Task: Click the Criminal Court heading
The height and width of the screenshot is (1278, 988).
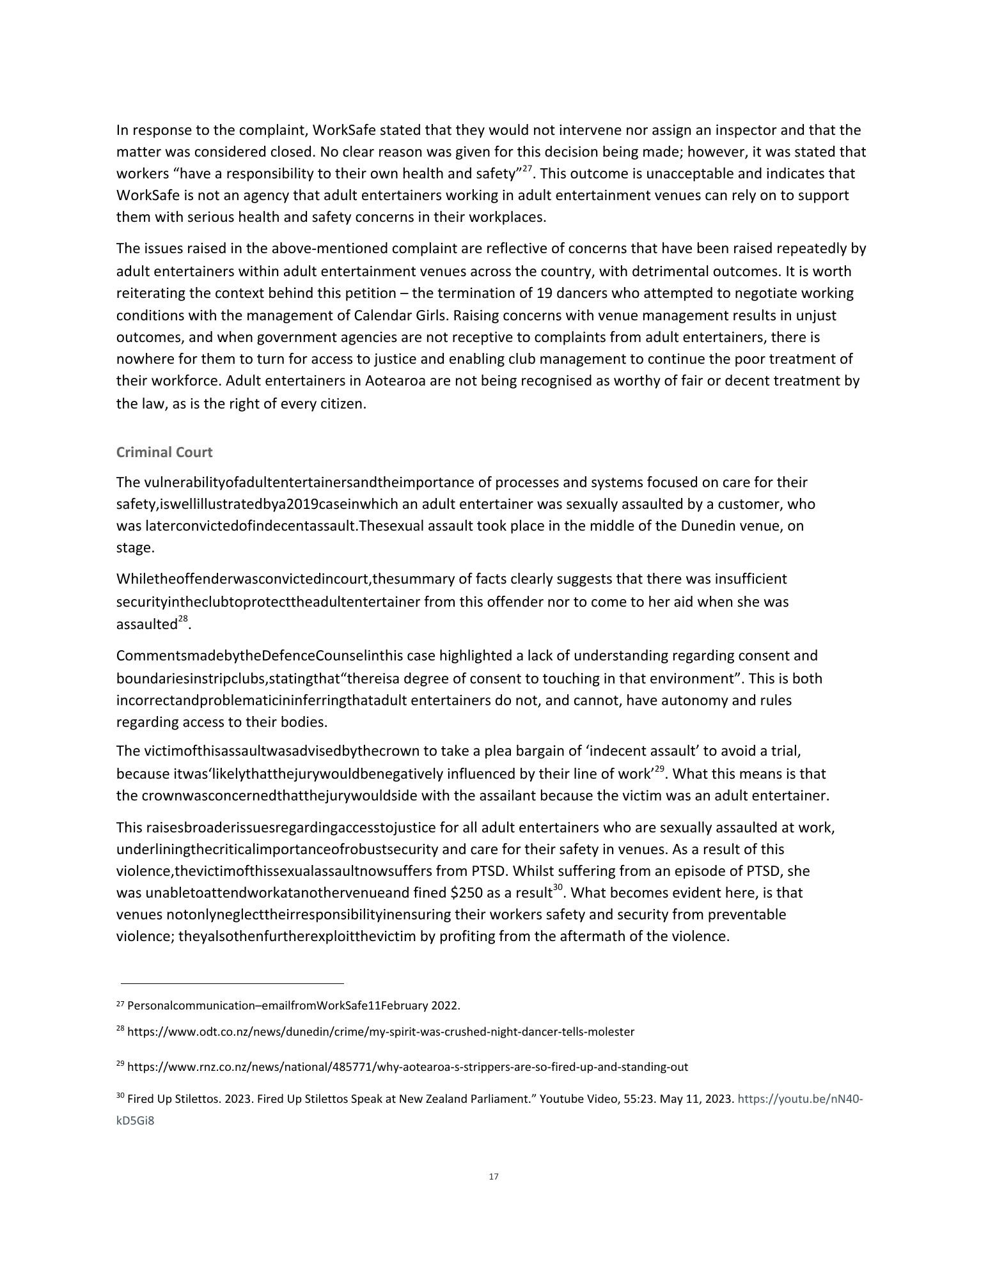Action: pyautogui.click(x=164, y=452)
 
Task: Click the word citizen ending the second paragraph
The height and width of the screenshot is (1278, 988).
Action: pyautogui.click(x=341, y=404)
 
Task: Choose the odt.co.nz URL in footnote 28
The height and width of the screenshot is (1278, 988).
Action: pyautogui.click(x=381, y=1031)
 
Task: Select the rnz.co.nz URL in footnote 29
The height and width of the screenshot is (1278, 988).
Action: pyautogui.click(x=408, y=1066)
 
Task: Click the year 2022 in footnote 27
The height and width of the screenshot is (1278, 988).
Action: pyautogui.click(x=445, y=1006)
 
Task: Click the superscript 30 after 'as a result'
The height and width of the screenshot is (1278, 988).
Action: pyautogui.click(x=558, y=888)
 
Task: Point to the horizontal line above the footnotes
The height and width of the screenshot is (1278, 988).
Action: pyautogui.click(x=232, y=983)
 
